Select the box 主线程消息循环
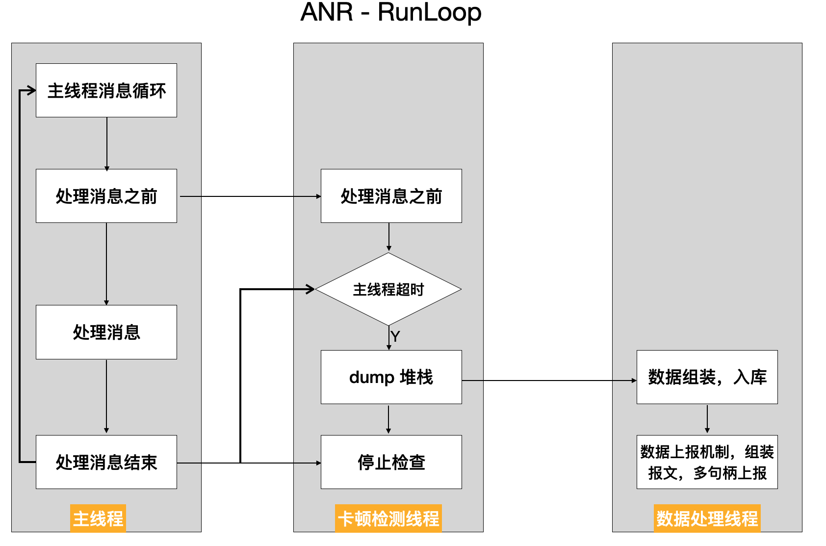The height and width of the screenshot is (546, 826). tap(106, 90)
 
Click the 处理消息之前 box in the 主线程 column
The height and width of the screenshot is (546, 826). tap(106, 196)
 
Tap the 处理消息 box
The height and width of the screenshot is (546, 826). tap(106, 332)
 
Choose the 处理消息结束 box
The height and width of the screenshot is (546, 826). tap(106, 462)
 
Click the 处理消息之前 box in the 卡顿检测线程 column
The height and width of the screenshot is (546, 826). tap(391, 196)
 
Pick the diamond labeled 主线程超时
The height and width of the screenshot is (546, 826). tap(388, 289)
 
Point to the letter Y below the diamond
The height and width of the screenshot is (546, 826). tap(395, 336)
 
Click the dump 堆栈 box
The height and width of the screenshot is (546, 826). tap(391, 377)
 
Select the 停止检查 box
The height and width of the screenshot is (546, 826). tap(391, 462)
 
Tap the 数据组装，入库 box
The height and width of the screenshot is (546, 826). tap(707, 377)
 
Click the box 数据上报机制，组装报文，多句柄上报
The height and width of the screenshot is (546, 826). tap(707, 462)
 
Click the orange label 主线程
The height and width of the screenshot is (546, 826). tap(98, 519)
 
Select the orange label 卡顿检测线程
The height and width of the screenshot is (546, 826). tap(388, 519)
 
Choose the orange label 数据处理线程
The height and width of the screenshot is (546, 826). tap(707, 519)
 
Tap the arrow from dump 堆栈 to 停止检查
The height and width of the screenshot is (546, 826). tap(388, 419)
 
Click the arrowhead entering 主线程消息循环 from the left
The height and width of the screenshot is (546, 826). tap(31, 90)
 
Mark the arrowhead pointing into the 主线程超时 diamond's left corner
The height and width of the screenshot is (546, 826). tap(310, 289)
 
